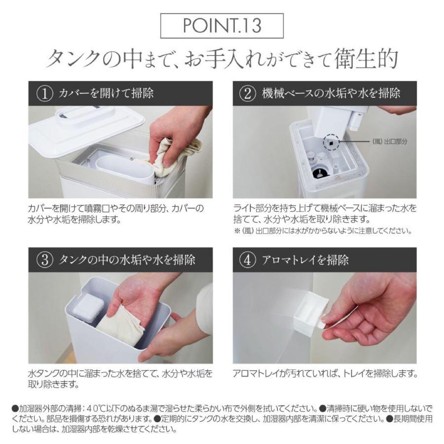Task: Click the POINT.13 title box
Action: tap(222, 26)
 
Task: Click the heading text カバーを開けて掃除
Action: tap(107, 93)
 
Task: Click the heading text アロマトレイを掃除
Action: tap(305, 259)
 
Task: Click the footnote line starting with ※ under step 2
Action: tap(323, 231)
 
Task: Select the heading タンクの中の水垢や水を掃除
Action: tap(127, 259)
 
